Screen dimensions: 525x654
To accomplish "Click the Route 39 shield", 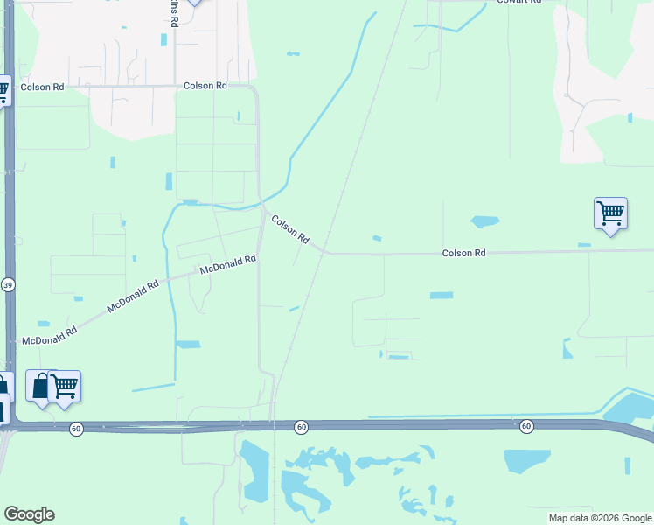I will coord(8,285).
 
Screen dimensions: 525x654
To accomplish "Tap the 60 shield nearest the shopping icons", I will coord(77,428).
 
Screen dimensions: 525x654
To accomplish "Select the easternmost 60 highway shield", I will coord(525,426).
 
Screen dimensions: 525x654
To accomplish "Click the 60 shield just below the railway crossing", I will coord(301,427).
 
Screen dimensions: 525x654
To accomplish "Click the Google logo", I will coord(29,514).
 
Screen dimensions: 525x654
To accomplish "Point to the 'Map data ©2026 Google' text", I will coord(600,518).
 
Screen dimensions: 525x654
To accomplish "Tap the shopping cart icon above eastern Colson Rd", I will coord(610,213).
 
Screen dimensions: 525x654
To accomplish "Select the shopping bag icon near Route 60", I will coord(41,386).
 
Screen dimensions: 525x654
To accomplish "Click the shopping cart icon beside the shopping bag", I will coord(65,386).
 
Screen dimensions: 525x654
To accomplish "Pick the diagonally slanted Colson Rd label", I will coord(290,229).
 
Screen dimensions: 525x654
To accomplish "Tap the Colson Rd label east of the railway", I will coord(463,253).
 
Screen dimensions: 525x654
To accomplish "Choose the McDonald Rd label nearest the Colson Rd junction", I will coord(227,263).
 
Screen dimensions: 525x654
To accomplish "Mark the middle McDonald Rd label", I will coord(133,297).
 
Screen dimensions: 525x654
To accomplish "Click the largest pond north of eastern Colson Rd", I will coord(484,221).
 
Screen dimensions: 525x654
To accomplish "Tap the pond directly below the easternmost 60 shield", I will coord(527,460).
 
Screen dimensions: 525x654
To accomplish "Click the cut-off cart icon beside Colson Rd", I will coord(3,90).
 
